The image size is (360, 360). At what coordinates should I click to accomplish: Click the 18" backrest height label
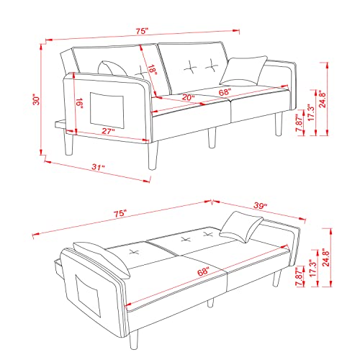[x=152, y=71]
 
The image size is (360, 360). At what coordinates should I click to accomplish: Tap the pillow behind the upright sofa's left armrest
[x=115, y=68]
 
